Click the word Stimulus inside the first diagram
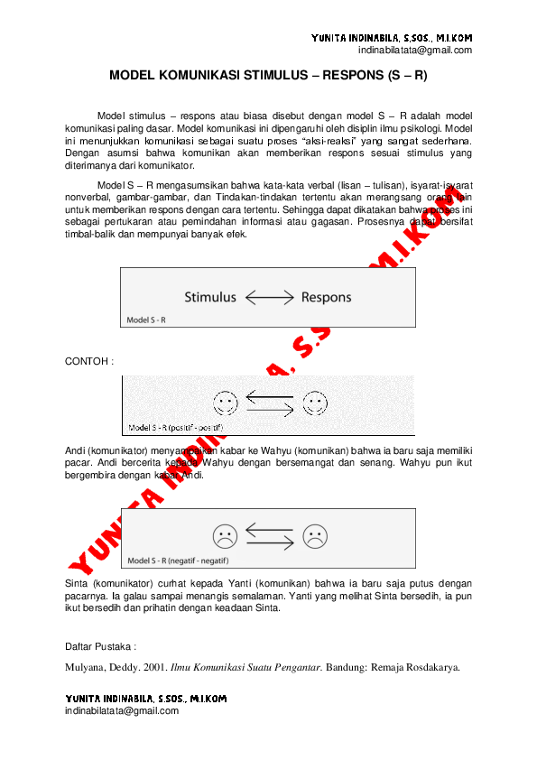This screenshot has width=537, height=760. coord(210,297)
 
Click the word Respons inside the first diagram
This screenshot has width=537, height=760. coord(326,297)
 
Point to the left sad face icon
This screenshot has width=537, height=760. coord(224,536)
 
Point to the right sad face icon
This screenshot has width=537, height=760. coord(314,536)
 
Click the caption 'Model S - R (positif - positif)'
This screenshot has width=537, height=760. coord(175,427)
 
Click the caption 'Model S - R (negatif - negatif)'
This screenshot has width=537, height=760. coord(177,560)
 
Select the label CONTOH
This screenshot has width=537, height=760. coord(88,360)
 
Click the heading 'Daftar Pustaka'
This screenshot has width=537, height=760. coord(99,647)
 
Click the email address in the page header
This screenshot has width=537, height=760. coord(415,51)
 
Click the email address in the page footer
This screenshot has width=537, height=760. coord(122,710)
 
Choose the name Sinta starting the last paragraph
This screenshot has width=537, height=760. coord(79,584)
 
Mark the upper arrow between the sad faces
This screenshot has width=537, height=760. coord(269,529)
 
